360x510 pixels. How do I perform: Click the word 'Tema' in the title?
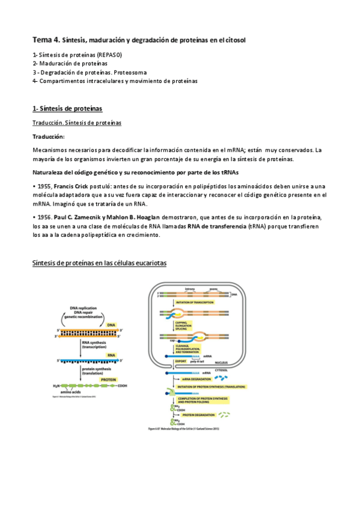(43, 40)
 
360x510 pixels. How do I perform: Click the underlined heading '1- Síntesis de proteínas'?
(67, 108)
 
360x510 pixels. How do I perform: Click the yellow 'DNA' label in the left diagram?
(110, 325)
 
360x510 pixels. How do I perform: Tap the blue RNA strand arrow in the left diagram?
(90, 361)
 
